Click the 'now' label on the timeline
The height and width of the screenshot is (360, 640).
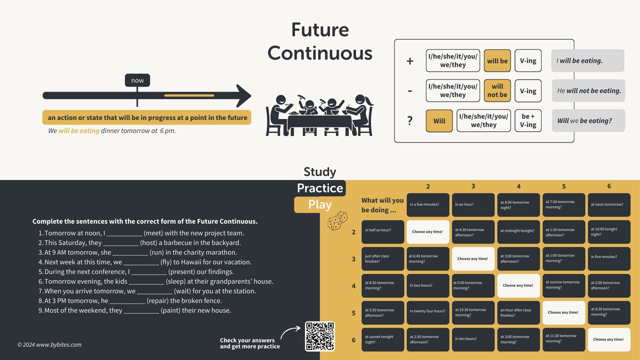point(137,80)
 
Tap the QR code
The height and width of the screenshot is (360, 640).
point(320,336)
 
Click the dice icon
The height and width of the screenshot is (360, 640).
point(337,221)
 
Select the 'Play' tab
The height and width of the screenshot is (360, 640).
point(320,205)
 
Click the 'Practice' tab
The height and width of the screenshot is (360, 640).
point(320,188)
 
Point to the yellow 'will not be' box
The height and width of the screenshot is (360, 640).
point(497,91)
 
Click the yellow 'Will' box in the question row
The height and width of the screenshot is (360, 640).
point(439,121)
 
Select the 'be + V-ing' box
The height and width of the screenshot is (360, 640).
point(528,121)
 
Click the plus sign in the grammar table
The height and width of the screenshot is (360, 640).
point(410,61)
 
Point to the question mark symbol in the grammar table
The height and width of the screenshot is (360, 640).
point(410,121)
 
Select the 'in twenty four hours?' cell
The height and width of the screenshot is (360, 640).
point(428,311)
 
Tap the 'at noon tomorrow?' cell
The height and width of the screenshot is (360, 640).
point(609,205)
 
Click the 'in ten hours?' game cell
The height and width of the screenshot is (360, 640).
point(473,339)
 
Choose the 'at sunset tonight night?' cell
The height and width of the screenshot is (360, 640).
point(383,339)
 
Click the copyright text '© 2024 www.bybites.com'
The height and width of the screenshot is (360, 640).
point(49,345)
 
